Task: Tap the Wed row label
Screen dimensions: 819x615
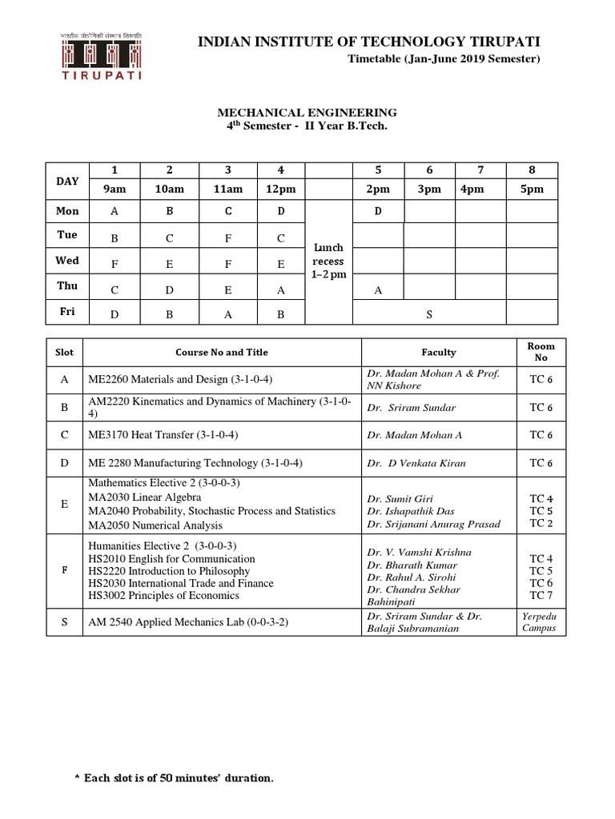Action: pos(67,261)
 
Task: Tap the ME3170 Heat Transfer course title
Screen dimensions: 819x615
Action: pos(165,435)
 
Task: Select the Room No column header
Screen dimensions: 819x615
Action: pos(541,352)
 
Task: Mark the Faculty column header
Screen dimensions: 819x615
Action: pos(439,352)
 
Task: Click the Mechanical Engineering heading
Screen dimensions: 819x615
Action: pos(299,113)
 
